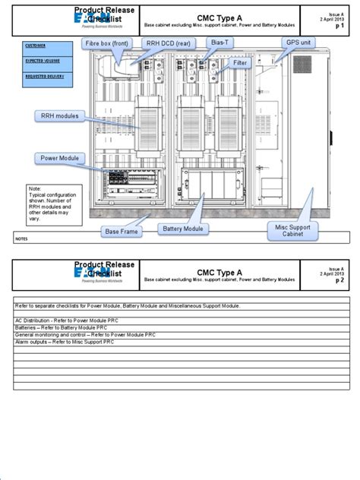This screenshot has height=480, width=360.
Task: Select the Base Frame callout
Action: (x=122, y=230)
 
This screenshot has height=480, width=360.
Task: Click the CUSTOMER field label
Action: (x=35, y=46)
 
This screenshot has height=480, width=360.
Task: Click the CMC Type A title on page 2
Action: (x=219, y=271)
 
